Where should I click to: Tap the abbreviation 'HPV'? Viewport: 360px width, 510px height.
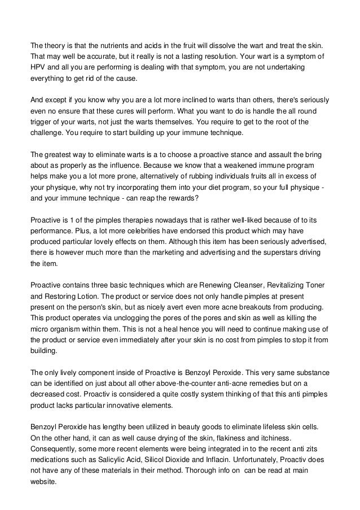pyautogui.click(x=38, y=67)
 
